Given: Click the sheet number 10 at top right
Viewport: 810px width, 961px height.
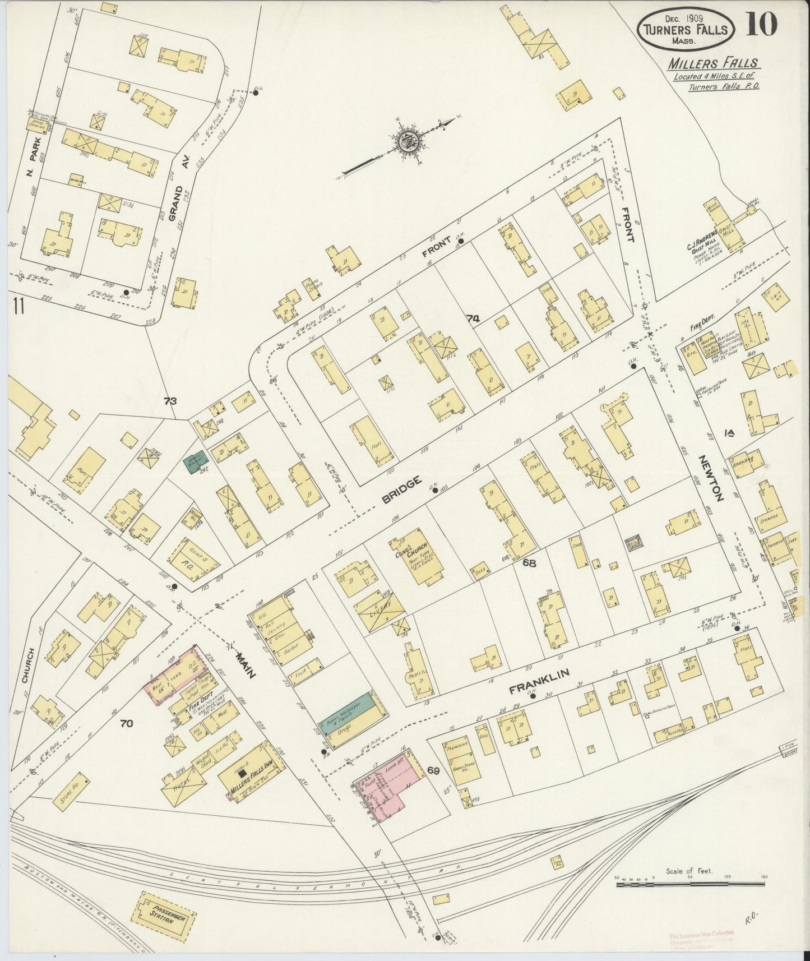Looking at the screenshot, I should (x=762, y=25).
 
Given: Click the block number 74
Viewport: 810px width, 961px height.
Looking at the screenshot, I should (x=474, y=318).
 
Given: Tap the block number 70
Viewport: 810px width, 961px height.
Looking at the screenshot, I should (x=126, y=723).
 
